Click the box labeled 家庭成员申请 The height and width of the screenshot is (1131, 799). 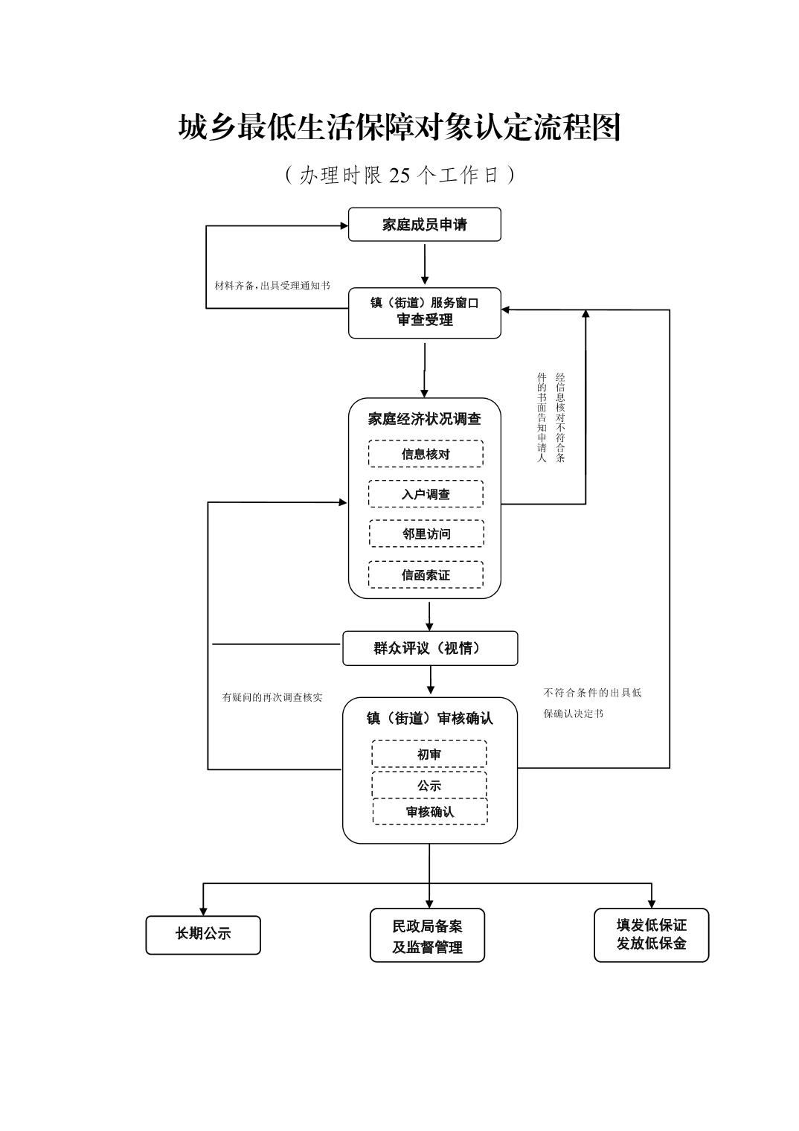click(424, 225)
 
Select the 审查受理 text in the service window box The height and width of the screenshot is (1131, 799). click(424, 321)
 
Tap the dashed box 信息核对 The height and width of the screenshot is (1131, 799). click(426, 454)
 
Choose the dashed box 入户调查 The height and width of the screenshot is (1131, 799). click(426, 494)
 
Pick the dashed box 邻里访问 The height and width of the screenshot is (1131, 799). click(426, 534)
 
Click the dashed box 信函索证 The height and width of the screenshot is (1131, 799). click(426, 574)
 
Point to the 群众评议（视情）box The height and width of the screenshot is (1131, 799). click(429, 648)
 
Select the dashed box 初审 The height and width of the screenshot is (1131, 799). click(429, 754)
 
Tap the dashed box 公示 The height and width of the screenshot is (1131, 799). click(429, 785)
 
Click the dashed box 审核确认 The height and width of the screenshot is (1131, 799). click(430, 811)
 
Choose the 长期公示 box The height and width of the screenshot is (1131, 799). click(203, 935)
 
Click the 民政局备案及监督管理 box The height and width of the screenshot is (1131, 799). click(427, 936)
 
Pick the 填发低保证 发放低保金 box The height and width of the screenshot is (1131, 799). click(651, 935)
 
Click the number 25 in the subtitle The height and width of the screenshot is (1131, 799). click(399, 176)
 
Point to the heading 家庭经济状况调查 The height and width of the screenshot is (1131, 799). click(424, 419)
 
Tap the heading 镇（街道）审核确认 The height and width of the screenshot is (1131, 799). click(429, 718)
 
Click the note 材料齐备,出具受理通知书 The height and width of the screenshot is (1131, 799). click(272, 286)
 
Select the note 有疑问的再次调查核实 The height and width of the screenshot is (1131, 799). click(272, 698)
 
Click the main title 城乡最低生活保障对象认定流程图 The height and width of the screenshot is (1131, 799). click(399, 127)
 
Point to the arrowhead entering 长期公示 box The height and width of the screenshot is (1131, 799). click(203, 911)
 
